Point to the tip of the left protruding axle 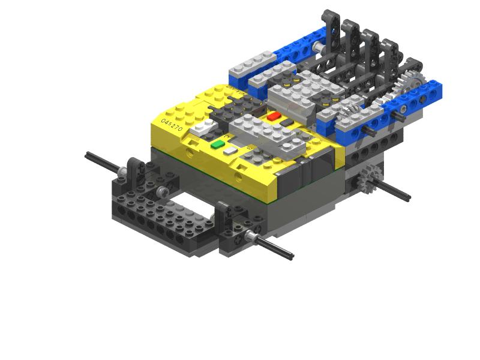tap(88, 155)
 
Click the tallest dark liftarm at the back tap(332, 27)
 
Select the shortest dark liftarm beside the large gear tap(412, 69)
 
